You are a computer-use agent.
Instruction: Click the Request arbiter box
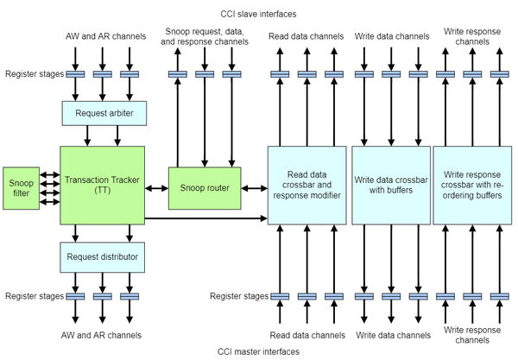click(103, 113)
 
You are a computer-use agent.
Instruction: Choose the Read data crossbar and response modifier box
click(305, 184)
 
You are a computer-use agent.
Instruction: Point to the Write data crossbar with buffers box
click(389, 184)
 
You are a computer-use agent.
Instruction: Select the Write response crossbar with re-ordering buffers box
click(471, 184)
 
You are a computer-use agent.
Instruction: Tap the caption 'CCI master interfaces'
click(258, 351)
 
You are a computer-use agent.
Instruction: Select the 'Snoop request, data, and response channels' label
click(205, 36)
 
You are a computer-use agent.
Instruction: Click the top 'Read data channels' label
click(305, 36)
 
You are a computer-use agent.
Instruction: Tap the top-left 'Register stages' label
click(33, 74)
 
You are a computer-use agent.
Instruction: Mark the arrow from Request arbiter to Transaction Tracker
click(103, 136)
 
